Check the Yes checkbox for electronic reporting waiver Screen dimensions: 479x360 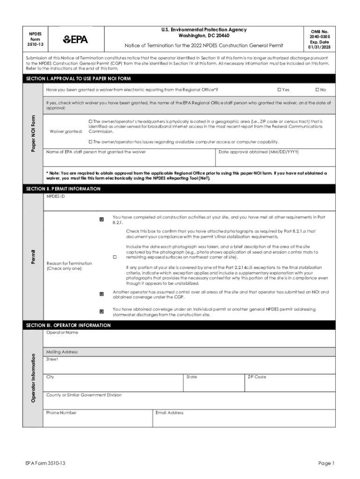coord(279,89)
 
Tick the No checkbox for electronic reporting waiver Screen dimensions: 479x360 coord(317,89)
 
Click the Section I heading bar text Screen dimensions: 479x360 coord(78,78)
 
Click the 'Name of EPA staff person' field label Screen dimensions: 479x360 coord(96,152)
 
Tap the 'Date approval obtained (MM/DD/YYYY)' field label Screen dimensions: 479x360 coord(259,152)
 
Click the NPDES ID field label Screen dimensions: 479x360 coord(56,197)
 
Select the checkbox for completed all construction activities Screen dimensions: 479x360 coord(101,219)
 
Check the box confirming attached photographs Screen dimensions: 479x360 coord(114,257)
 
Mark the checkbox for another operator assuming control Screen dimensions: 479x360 coord(101,294)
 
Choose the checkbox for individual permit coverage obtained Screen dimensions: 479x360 coord(101,311)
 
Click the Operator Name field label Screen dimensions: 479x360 coord(62,333)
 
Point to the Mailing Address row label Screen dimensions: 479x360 coord(62,352)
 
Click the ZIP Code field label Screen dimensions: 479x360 coord(257,377)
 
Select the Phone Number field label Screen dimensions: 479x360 coord(61,413)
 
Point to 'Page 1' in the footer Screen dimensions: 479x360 coord(326,463)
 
